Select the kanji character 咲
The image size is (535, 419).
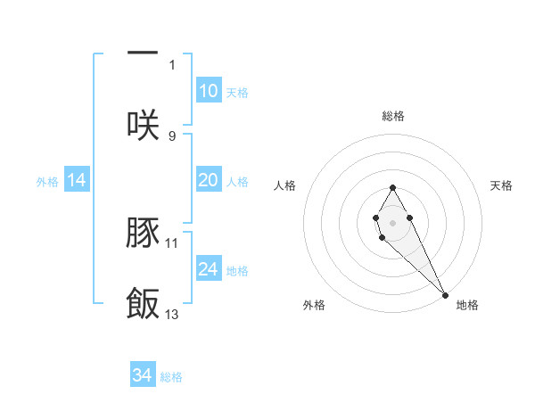(143, 124)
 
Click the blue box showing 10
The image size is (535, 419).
(208, 91)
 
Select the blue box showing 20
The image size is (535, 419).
(208, 180)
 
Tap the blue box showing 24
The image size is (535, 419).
(208, 269)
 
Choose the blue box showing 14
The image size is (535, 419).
(77, 180)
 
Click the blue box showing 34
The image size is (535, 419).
(142, 375)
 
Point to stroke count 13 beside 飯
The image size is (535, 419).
(172, 314)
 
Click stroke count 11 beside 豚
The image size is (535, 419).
(172, 242)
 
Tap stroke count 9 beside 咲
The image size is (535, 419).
(172, 136)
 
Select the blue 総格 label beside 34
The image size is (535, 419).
(171, 377)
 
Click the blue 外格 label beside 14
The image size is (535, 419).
(47, 182)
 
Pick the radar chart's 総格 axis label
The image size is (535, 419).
(393, 116)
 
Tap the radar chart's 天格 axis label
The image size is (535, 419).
(502, 185)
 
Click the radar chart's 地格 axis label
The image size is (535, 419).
(467, 306)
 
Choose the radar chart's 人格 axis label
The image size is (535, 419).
(285, 185)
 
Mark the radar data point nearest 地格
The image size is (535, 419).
(445, 294)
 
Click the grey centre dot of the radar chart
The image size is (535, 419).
(392, 221)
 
